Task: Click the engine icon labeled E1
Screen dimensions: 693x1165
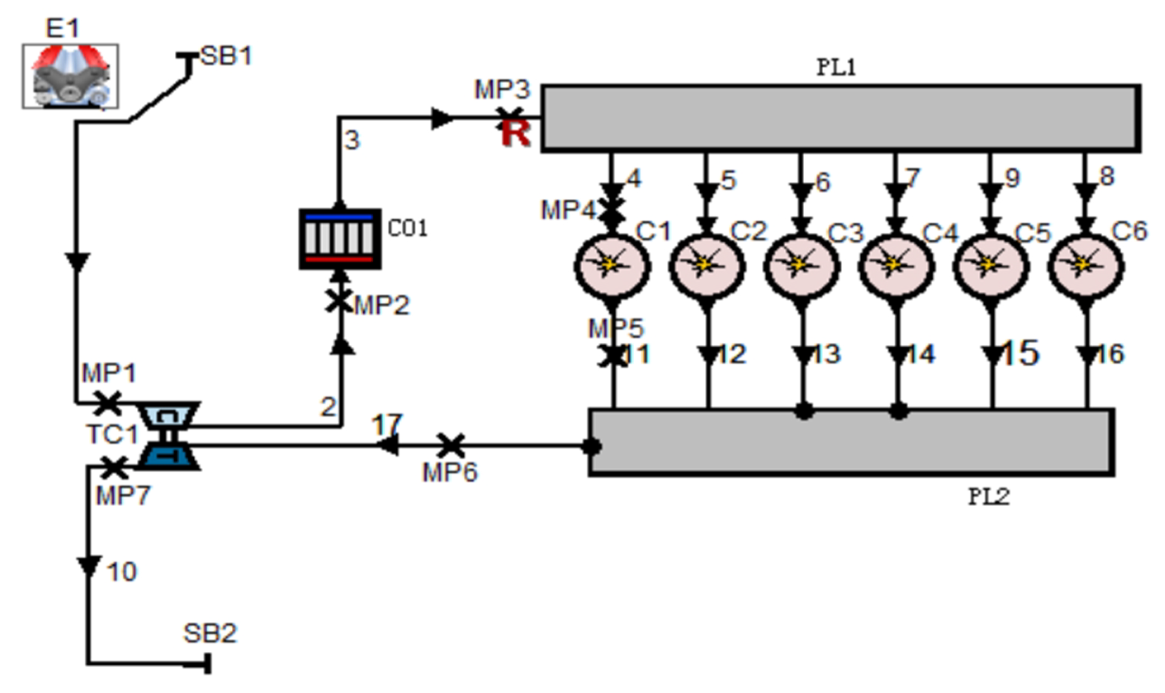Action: tap(70, 76)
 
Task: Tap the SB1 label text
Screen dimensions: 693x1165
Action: tap(226, 56)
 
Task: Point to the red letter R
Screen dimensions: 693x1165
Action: tap(516, 134)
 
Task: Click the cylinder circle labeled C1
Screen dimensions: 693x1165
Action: tap(612, 266)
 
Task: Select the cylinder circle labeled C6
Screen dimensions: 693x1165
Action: tap(1086, 266)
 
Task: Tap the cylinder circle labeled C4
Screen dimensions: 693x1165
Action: tap(896, 266)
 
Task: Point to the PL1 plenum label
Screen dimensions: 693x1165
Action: tap(836, 68)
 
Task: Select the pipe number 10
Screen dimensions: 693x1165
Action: tap(122, 572)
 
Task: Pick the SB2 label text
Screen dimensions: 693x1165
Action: tap(210, 634)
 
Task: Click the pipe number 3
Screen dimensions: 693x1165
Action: tap(352, 140)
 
